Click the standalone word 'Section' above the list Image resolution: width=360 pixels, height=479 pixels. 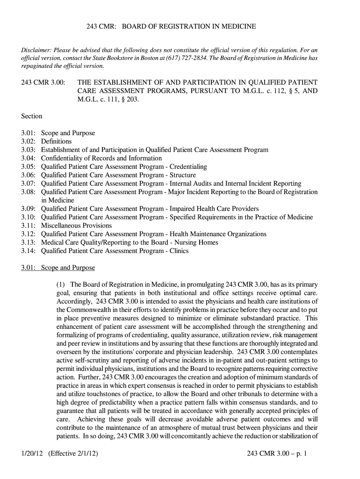pyautogui.click(x=32, y=116)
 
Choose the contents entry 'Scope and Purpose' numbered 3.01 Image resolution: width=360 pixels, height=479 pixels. pyautogui.click(x=68, y=133)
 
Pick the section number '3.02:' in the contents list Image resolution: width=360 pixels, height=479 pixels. pyautogui.click(x=29, y=141)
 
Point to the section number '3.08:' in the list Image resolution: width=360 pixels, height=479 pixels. pyautogui.click(x=29, y=192)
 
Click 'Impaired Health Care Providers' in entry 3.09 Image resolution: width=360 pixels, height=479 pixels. pyautogui.click(x=214, y=209)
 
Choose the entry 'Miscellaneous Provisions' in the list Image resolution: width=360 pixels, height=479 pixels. pyautogui.click(x=77, y=225)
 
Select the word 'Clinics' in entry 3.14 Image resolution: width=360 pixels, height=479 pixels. pyautogui.click(x=179, y=251)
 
